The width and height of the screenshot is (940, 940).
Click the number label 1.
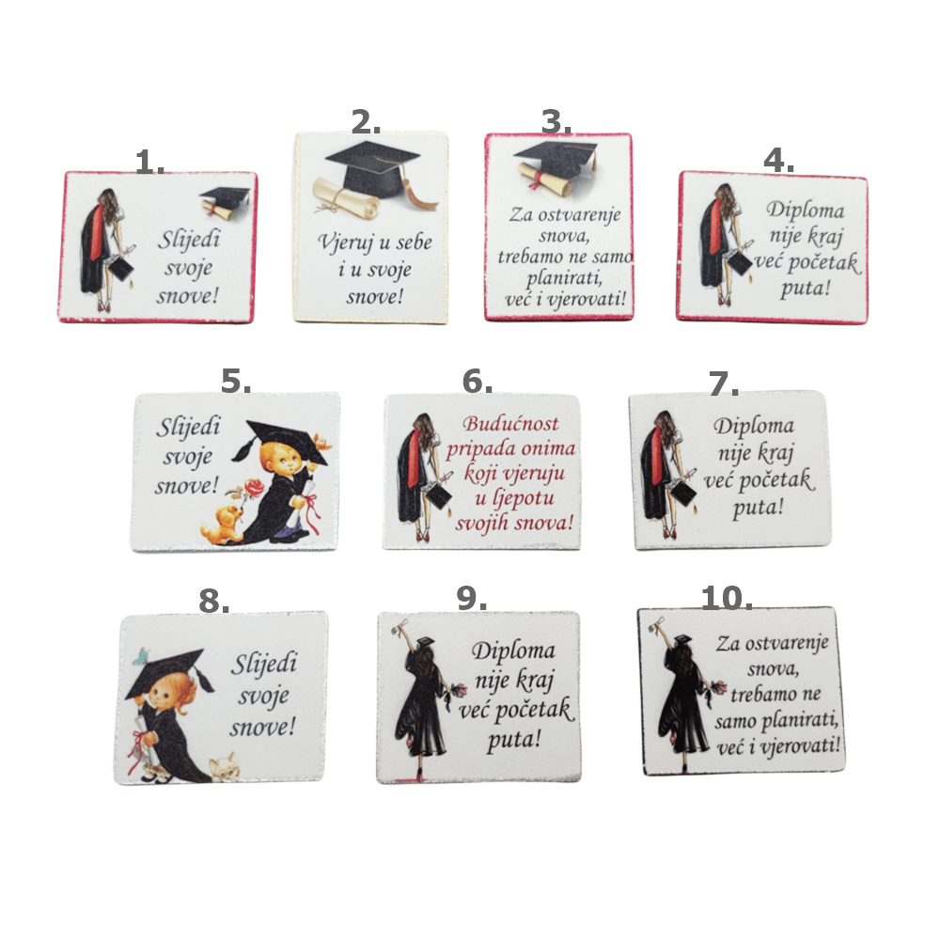pyautogui.click(x=149, y=162)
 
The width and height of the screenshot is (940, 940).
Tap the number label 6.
pyautogui.click(x=478, y=382)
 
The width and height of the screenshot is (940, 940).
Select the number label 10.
pyautogui.click(x=727, y=598)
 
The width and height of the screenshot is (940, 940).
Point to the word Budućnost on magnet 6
pyautogui.click(x=510, y=424)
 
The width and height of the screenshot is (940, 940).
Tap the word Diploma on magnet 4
pyautogui.click(x=806, y=211)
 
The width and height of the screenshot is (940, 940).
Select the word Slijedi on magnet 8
pyautogui.click(x=264, y=664)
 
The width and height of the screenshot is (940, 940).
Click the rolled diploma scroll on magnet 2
pyautogui.click(x=347, y=196)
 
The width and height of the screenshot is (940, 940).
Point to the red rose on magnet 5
pyautogui.click(x=254, y=488)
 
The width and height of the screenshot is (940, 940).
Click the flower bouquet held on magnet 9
pyautogui.click(x=459, y=692)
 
